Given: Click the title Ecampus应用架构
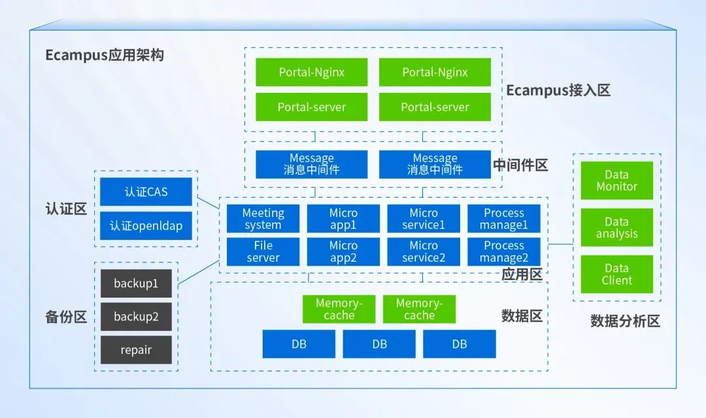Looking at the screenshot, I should point(105,55).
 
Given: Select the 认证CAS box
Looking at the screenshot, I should point(146,192).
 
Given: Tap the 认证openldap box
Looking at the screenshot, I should point(146,226).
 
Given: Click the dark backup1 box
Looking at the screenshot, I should point(136,283).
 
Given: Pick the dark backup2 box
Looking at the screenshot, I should point(136,317).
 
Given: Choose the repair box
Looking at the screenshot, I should point(136,350).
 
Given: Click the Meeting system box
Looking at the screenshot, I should point(263,219).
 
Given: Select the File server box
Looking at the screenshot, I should point(263,252).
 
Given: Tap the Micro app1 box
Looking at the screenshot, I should point(343,219).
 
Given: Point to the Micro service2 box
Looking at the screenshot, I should point(423,252).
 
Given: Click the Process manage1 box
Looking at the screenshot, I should point(504,219).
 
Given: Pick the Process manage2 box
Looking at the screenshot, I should point(504,252).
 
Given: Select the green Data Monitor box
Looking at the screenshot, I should point(616,181).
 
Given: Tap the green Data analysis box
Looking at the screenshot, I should point(616,228).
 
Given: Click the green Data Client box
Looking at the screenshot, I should point(616,274).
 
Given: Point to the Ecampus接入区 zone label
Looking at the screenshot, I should point(558,90).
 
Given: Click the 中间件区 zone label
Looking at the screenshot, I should point(520,165).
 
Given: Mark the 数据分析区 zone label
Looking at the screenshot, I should point(625,321).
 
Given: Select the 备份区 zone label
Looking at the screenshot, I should point(66,317).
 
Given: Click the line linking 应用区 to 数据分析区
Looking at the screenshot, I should point(560,244).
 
